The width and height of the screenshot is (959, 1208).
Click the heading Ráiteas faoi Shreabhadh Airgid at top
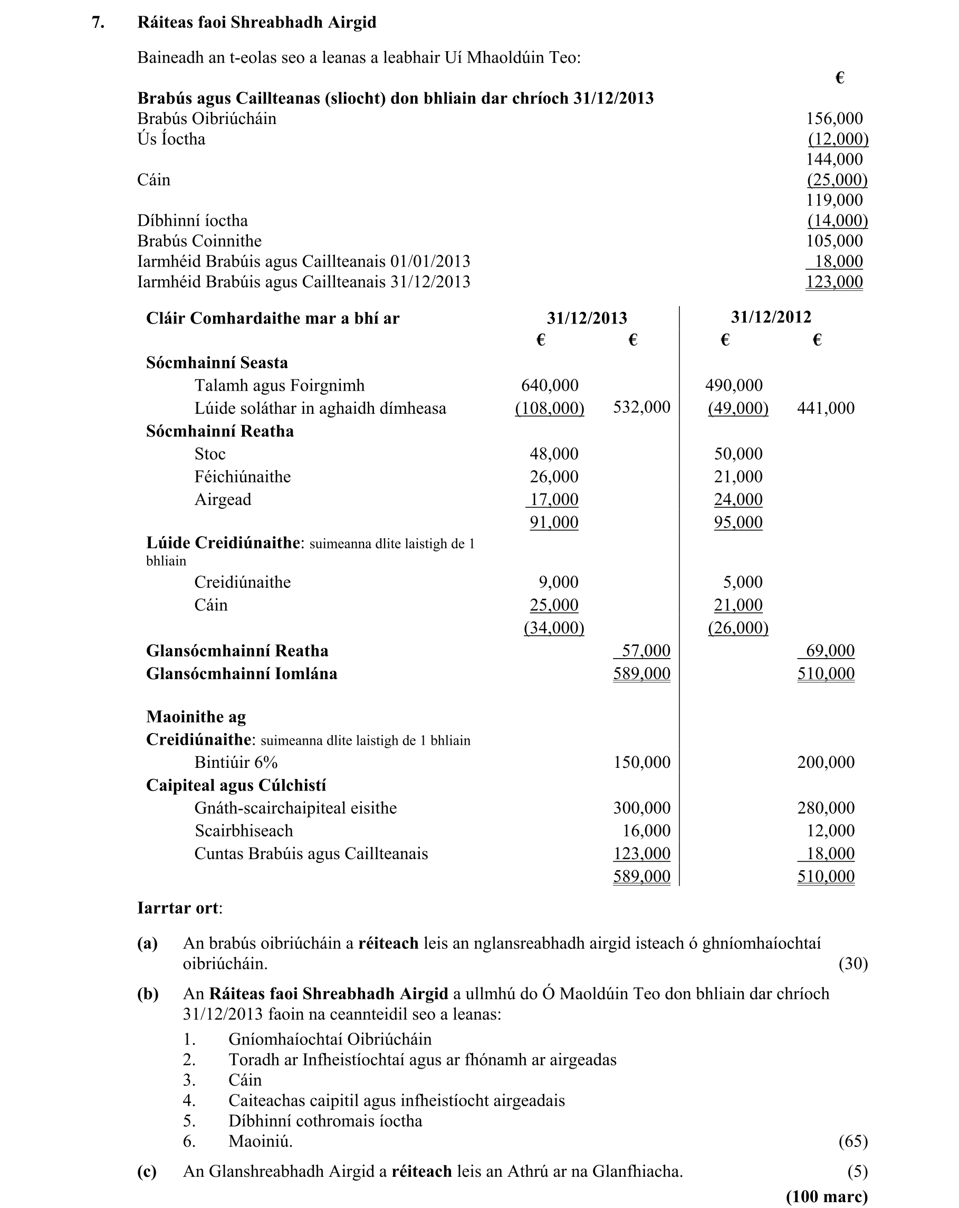(x=256, y=22)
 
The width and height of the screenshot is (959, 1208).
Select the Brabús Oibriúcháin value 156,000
(x=834, y=118)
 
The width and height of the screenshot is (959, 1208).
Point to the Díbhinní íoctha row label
(x=192, y=220)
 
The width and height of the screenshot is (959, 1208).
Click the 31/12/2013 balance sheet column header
(x=587, y=318)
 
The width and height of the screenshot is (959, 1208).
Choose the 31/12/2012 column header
(x=771, y=317)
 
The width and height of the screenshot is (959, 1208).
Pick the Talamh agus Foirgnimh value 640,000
(x=550, y=385)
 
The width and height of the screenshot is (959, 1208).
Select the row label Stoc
(x=209, y=454)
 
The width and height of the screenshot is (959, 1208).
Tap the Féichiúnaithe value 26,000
(x=554, y=477)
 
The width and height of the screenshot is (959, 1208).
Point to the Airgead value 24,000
(x=738, y=499)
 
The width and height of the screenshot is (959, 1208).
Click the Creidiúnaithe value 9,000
(x=559, y=582)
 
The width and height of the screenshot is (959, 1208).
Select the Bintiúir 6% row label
(x=236, y=763)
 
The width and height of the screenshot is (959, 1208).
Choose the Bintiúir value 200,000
(x=826, y=763)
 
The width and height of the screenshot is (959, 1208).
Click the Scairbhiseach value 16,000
(x=646, y=831)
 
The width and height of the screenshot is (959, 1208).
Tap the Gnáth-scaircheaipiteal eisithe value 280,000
(x=826, y=808)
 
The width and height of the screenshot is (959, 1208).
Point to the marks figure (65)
(x=852, y=1142)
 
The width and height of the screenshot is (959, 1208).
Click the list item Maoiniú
(x=261, y=1142)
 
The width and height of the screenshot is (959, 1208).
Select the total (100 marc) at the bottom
(x=827, y=1196)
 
